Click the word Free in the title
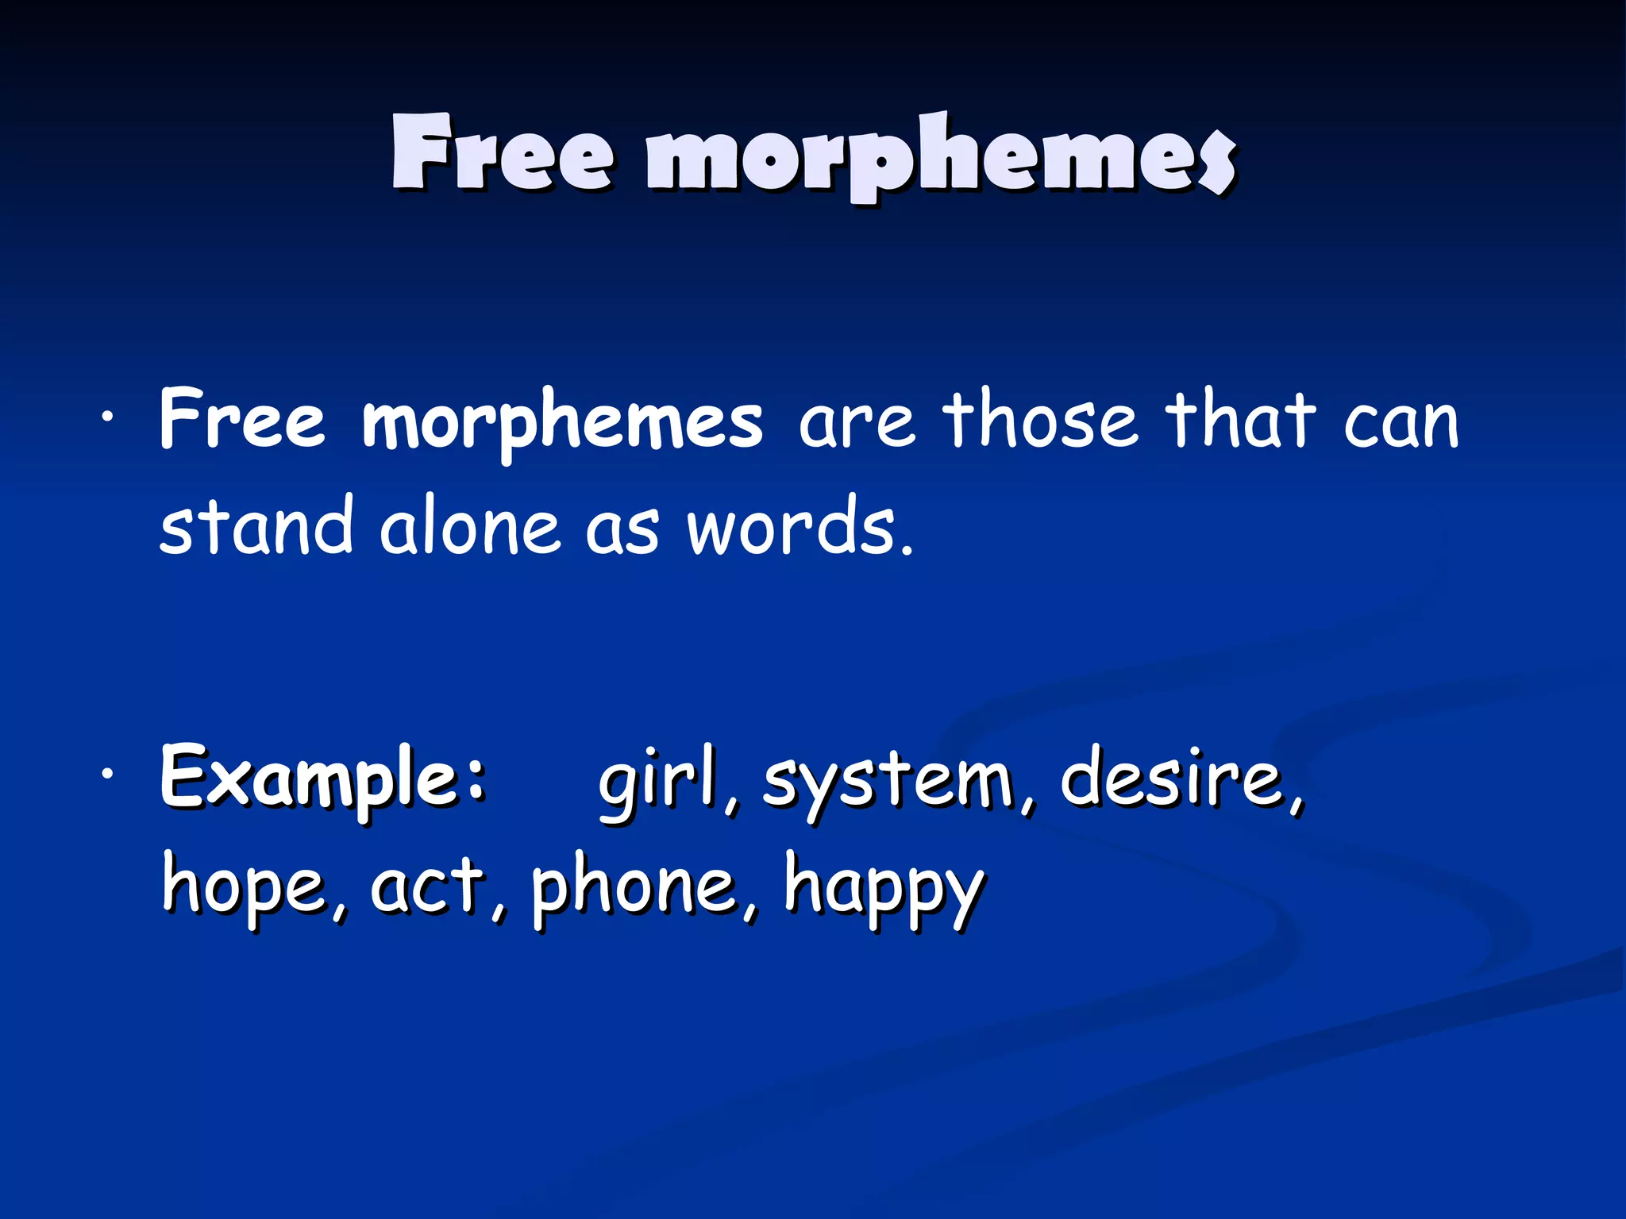502,153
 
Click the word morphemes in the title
941,155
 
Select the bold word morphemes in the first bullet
562,422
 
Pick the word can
1401,423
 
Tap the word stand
256,525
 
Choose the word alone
469,527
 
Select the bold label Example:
322,778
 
